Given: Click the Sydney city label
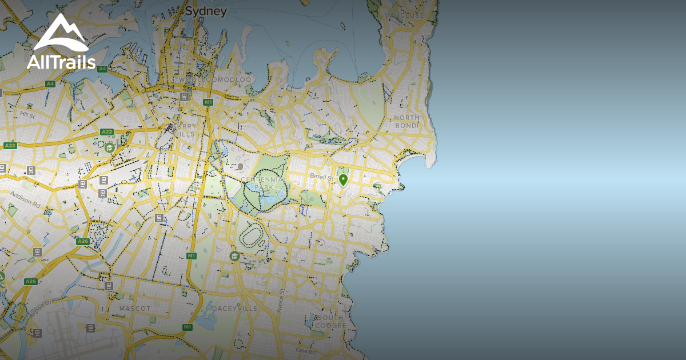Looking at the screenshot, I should pyautogui.click(x=206, y=11).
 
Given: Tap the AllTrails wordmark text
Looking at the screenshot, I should pyautogui.click(x=61, y=62).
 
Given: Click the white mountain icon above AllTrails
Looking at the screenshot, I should pyautogui.click(x=61, y=33).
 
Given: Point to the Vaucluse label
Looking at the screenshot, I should pyautogui.click(x=405, y=15).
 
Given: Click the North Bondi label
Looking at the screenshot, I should pyautogui.click(x=406, y=121).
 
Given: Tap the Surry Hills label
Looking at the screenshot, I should pyautogui.click(x=187, y=130).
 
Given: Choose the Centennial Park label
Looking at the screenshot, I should pyautogui.click(x=264, y=183).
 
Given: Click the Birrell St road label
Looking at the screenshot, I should pyautogui.click(x=321, y=177).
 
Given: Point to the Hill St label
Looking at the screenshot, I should pyautogui.click(x=27, y=115).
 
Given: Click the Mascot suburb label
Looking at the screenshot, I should pyautogui.click(x=135, y=309).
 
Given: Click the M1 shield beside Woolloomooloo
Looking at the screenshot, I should pyautogui.click(x=208, y=102).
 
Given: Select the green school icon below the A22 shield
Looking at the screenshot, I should pyautogui.click(x=109, y=148).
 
